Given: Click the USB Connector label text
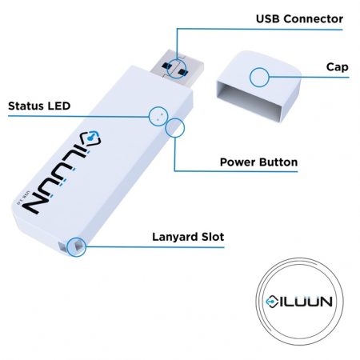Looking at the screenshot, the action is click(x=299, y=19).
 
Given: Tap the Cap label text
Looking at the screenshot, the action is click(x=337, y=67).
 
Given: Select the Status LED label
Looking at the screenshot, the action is click(x=39, y=106).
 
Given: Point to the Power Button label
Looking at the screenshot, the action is click(x=258, y=162).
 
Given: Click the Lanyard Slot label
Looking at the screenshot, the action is click(x=188, y=237).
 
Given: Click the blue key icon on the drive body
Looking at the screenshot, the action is click(x=91, y=138).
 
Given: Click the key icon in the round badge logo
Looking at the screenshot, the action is click(x=272, y=302).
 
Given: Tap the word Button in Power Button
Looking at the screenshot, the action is click(x=278, y=162).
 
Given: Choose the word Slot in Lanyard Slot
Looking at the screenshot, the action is click(x=213, y=237).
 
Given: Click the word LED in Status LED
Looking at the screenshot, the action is click(x=59, y=106).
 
